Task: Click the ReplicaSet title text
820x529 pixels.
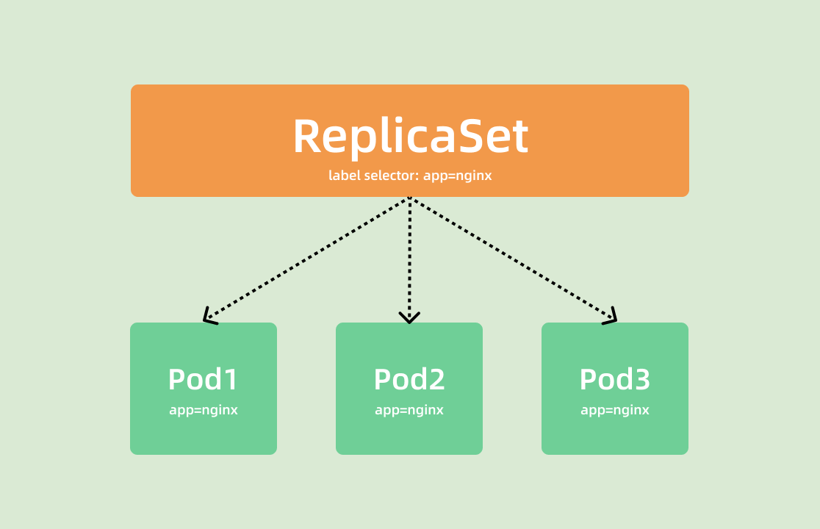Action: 410,137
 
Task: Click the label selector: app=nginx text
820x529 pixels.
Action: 410,176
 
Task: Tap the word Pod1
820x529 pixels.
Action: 204,380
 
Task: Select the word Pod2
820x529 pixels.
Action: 409,380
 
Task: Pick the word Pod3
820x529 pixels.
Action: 615,380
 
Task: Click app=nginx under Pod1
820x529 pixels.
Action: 204,410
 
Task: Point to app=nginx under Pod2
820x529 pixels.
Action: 409,410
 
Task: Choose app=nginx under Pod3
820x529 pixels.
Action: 615,410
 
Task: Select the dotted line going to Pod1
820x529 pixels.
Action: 307,259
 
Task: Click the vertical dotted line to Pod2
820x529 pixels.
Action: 409,257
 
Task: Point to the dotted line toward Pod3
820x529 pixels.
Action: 512,259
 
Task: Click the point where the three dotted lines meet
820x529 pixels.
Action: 409,198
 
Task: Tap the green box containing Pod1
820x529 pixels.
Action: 204,433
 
